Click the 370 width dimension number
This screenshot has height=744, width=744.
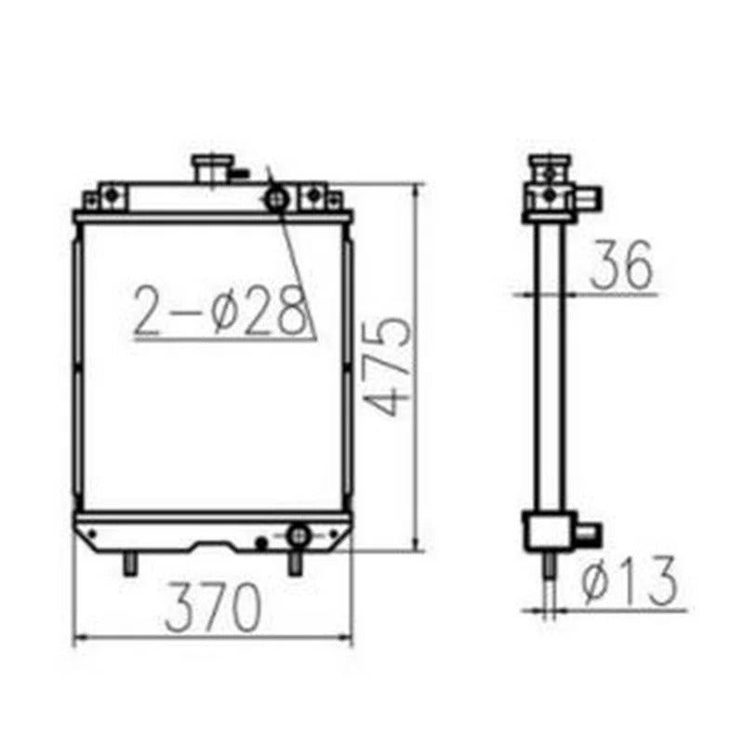click(211, 609)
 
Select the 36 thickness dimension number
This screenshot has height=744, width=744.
click(620, 264)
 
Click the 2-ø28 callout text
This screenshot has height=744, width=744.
click(221, 311)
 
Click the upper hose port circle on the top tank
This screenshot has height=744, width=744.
click(275, 198)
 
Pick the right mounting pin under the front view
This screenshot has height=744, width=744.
click(295, 564)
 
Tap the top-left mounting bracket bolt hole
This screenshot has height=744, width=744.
click(112, 194)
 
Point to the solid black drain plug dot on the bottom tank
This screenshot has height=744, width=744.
click(262, 541)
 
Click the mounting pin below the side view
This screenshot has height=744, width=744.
click(550, 567)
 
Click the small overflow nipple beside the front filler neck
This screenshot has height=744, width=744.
click(241, 172)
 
